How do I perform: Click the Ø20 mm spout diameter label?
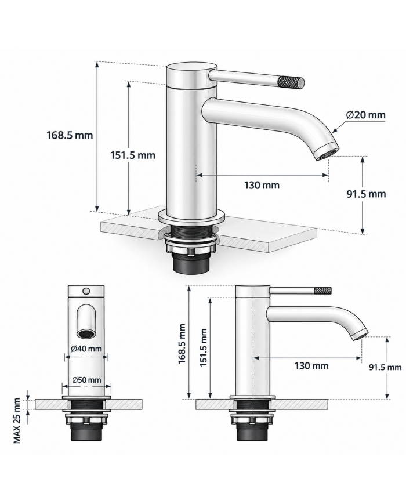365,115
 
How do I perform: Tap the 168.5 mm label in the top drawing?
70,135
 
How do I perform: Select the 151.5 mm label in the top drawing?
133,155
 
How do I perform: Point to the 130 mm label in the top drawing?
262,185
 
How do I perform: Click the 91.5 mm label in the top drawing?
366,194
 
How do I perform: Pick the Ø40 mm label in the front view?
86,349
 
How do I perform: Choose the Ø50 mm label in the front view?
86,380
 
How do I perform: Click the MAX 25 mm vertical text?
17,421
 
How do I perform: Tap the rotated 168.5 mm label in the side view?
182,343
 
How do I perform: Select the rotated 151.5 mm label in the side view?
203,347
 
